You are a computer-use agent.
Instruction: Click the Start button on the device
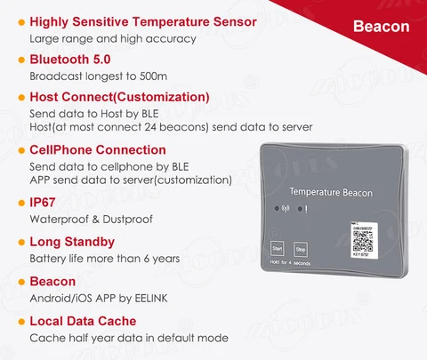coord(277,250)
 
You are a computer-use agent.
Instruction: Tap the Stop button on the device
coord(301,250)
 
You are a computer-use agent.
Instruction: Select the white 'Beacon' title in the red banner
coord(382,27)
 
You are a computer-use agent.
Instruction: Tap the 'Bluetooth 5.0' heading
coord(72,58)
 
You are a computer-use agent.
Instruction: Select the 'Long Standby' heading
coord(72,240)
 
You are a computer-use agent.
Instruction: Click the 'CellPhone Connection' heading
coord(99,148)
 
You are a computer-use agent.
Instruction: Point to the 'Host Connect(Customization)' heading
coord(119,95)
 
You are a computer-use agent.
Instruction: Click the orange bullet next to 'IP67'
coord(22,203)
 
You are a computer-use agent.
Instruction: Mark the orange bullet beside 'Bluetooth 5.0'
coord(22,59)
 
